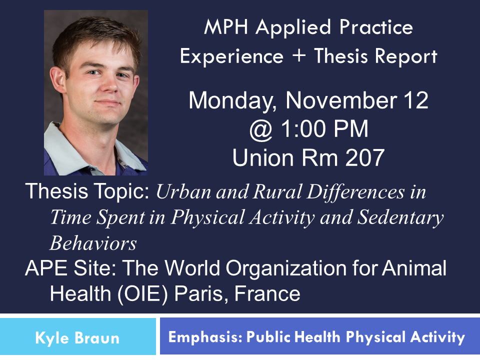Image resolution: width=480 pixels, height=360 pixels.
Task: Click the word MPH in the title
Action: tap(226, 27)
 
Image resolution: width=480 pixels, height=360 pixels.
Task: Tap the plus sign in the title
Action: tap(299, 56)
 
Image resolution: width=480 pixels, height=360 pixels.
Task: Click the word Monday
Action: tap(232, 101)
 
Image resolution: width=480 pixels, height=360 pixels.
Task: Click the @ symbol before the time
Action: tap(261, 130)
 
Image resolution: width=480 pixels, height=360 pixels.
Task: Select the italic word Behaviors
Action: tap(93, 243)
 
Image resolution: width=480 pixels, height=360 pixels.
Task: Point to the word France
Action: tap(267, 293)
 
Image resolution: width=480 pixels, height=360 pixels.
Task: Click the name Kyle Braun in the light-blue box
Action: tap(77, 338)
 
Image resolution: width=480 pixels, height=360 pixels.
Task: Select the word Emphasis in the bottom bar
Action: tap(205, 337)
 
